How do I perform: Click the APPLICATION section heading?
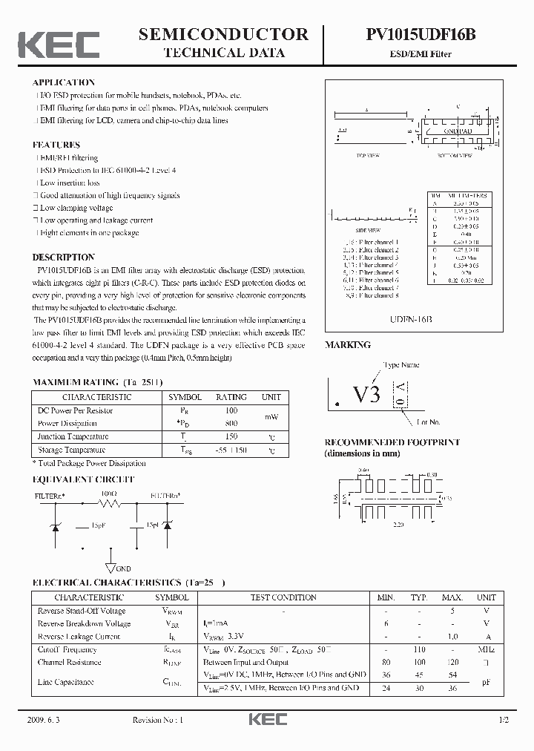coord(63,82)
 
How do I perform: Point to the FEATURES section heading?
coord(56,145)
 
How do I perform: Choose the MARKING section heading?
coord(348,345)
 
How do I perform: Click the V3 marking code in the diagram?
coord(366,394)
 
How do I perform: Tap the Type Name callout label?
coord(400,365)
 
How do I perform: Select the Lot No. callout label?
coord(428,422)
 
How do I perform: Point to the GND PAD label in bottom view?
coord(458,131)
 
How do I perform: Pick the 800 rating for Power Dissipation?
coord(231,424)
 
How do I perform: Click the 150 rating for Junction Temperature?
coord(231,437)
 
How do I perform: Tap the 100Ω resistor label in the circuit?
coord(109,493)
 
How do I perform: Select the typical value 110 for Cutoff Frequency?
coord(420,649)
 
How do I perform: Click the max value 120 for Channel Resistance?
coord(452,662)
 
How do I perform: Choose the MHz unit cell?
coord(487,649)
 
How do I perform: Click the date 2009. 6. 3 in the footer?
coord(46,721)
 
